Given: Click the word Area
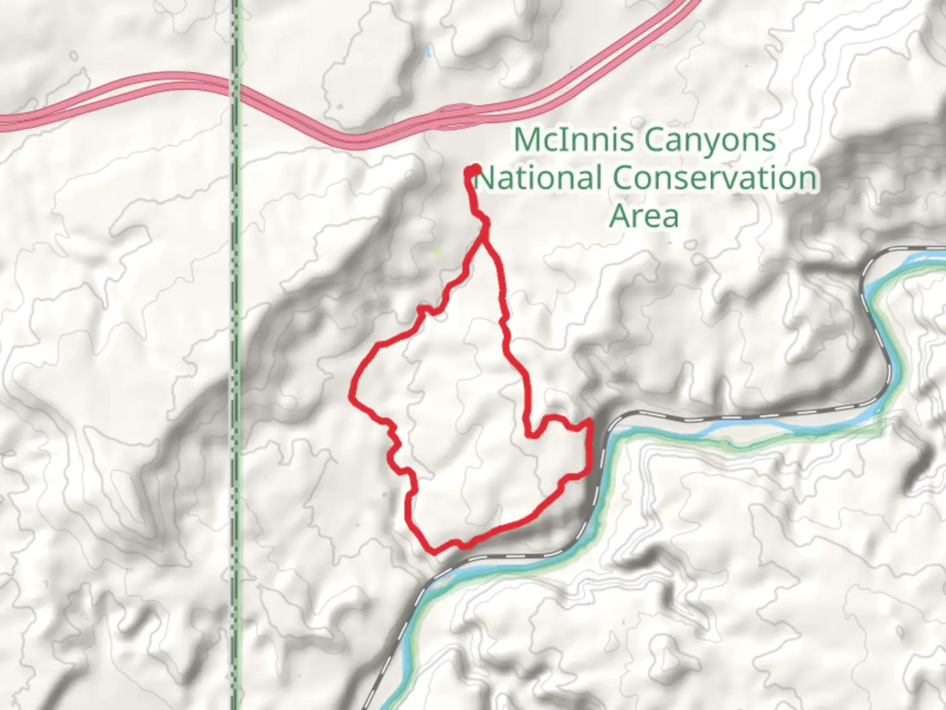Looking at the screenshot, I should pyautogui.click(x=644, y=216).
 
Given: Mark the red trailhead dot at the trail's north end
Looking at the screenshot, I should pyautogui.click(x=472, y=172).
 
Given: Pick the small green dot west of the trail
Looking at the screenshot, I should pyautogui.click(x=438, y=250).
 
